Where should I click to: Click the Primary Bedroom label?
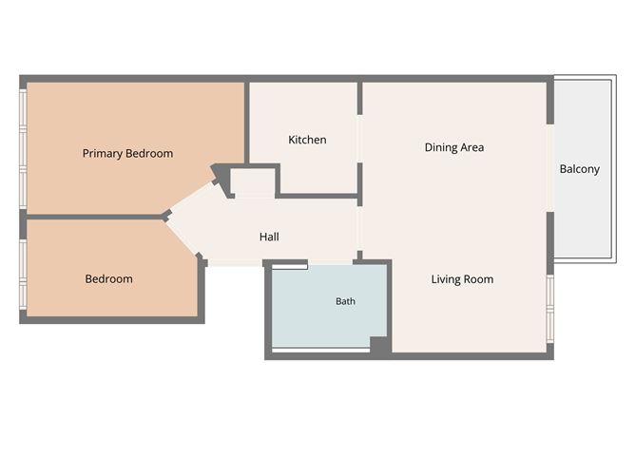pyautogui.click(x=127, y=153)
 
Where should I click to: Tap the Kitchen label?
pyautogui.click(x=307, y=140)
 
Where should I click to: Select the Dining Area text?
pyautogui.click(x=454, y=147)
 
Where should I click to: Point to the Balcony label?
pyautogui.click(x=579, y=169)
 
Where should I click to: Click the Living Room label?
pyautogui.click(x=462, y=279)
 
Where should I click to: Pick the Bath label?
pyautogui.click(x=345, y=301)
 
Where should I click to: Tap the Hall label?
pyautogui.click(x=269, y=237)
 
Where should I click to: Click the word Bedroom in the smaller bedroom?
pyautogui.click(x=108, y=279)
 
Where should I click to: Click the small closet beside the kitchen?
pyautogui.click(x=253, y=183)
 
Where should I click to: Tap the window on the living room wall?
pyautogui.click(x=550, y=309)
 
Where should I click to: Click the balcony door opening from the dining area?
pyautogui.click(x=550, y=168)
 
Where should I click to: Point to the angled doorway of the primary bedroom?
pyautogui.click(x=191, y=197)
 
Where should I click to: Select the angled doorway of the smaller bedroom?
pyautogui.click(x=183, y=239)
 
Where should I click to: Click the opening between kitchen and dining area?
pyautogui.click(x=359, y=139)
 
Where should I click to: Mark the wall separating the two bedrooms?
pyautogui.click(x=95, y=218)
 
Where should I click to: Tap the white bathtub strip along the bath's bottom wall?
pyautogui.click(x=320, y=350)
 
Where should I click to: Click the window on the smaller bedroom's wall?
pyautogui.click(x=23, y=275)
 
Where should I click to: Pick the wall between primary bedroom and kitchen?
pyautogui.click(x=246, y=124)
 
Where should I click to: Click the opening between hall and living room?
pyautogui.click(x=359, y=229)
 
